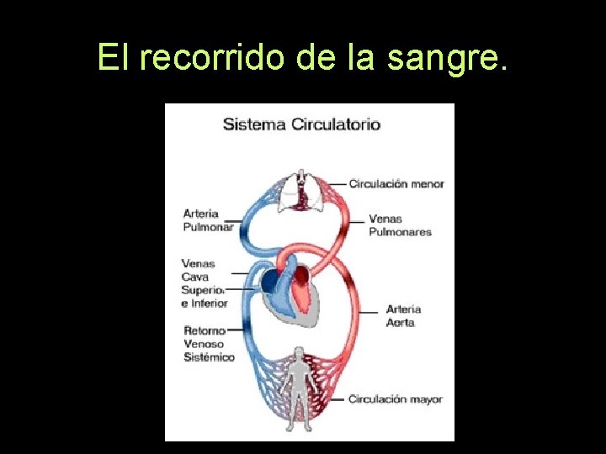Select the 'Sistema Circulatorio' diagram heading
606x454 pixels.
[x=301, y=124]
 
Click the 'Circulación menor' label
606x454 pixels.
[x=396, y=183]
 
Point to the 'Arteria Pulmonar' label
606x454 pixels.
[x=208, y=220]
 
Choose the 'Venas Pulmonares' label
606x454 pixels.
[x=400, y=225]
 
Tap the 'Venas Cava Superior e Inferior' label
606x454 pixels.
[x=205, y=283]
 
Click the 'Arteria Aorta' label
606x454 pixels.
[x=403, y=315]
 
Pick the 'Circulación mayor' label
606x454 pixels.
[x=396, y=399]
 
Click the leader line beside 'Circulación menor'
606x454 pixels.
[x=337, y=183]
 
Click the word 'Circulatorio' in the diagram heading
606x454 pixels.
[x=336, y=124]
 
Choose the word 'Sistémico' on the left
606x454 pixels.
[x=210, y=357]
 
